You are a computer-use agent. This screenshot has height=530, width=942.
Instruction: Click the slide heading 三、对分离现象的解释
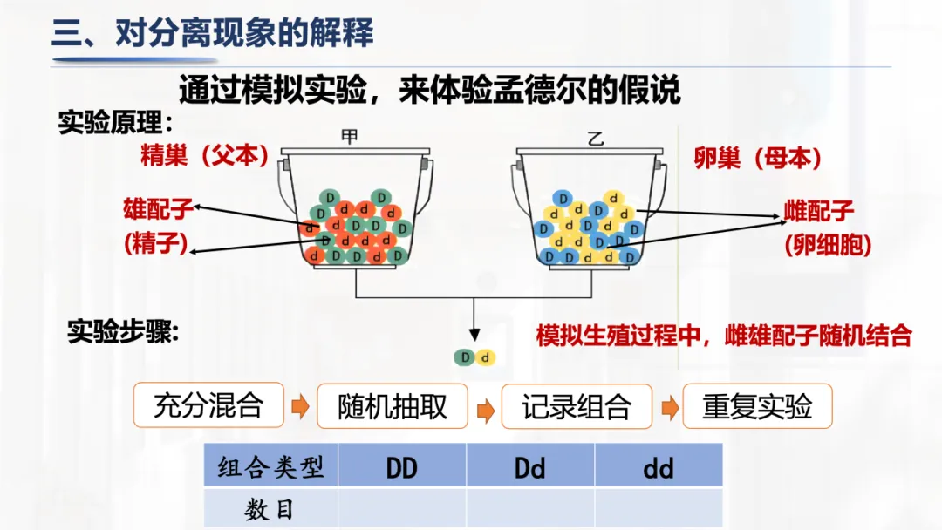pos(213,33)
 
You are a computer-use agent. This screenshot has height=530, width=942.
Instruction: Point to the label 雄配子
pos(159,209)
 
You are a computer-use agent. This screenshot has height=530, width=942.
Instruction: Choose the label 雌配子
pos(819,211)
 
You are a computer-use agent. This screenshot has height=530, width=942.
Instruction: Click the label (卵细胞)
pos(828,245)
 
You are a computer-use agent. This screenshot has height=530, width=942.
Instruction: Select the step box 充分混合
pos(208,405)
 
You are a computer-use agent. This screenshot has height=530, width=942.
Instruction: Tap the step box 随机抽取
pos(392,406)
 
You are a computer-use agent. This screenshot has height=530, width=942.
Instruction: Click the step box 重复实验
pos(757,406)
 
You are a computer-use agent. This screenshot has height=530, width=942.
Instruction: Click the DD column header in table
pos(402,468)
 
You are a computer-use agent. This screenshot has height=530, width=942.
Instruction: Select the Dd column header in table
pos(530,468)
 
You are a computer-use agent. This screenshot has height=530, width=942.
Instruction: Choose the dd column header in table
pos(659,468)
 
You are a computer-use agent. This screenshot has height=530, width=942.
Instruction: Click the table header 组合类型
pos(270,468)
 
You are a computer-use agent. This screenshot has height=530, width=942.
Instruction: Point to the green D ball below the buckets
pos(465,357)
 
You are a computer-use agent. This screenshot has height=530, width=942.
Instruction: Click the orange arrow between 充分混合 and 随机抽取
pos(300,407)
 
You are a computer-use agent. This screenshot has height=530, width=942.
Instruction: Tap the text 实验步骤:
pos(123,333)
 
